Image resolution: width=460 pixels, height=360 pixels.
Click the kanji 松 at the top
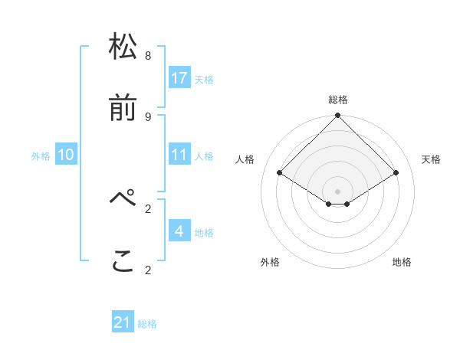coord(123,47)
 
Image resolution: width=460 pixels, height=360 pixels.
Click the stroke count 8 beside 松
coord(148,55)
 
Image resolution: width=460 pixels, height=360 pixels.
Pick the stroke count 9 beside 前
coord(148,116)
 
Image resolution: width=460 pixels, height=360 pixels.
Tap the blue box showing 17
coord(179,78)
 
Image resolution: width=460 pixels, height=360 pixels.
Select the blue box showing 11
coord(179,155)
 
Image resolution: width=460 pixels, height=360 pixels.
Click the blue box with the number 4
coord(179,231)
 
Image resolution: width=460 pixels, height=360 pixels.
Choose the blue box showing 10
coord(66,155)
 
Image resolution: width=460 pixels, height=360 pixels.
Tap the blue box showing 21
coord(123,322)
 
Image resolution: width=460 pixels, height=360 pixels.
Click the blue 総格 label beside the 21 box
coord(147,324)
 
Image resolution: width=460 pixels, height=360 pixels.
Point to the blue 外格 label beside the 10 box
coord(41,156)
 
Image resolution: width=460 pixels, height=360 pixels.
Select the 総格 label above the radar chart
coord(338,100)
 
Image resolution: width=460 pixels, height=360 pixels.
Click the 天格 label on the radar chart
coord(432,159)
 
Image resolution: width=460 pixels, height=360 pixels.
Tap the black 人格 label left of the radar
coord(245,159)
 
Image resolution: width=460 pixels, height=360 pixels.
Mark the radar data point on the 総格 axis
coord(338,116)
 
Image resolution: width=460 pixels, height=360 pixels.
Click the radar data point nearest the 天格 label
coord(396,173)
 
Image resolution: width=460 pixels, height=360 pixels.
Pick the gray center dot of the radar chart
coord(338,191)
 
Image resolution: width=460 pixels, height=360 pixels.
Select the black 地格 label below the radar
coord(402,262)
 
